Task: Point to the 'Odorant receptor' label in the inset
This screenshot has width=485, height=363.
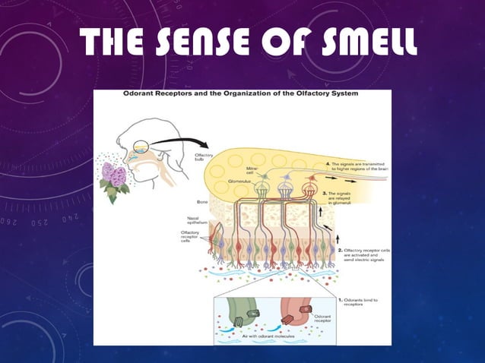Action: (x=325, y=317)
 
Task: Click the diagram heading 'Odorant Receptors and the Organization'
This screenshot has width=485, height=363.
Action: (x=242, y=95)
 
